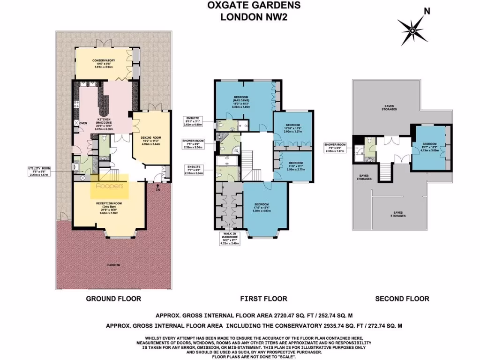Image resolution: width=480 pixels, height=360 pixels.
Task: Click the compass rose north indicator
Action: click(412, 30)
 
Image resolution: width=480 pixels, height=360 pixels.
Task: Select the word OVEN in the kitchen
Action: click(84, 123)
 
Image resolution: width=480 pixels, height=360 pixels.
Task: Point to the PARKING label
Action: click(113, 265)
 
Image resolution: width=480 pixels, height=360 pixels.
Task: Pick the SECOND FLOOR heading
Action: click(402, 299)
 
